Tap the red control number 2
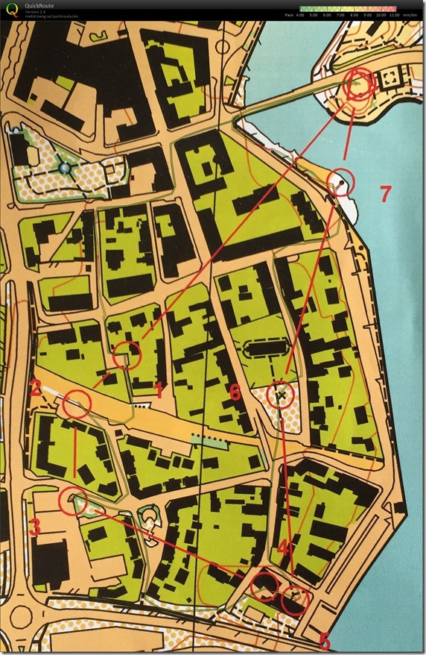[34, 387]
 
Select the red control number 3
[34, 526]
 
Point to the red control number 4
[282, 548]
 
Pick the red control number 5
[324, 640]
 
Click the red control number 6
[234, 392]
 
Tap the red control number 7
[384, 194]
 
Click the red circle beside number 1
[128, 354]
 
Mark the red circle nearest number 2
[77, 405]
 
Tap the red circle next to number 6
[281, 394]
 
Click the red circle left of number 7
[341, 181]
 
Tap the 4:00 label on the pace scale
[303, 14]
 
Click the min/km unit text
[410, 14]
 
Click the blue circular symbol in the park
[65, 168]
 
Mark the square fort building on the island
[389, 80]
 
